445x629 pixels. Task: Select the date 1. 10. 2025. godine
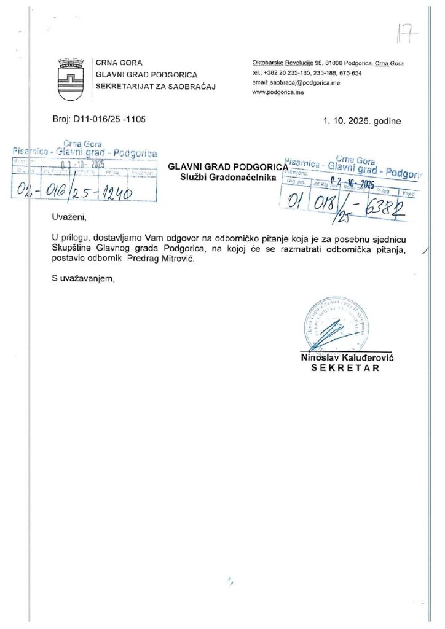point(362,121)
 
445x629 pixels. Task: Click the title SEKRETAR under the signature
point(345,369)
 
